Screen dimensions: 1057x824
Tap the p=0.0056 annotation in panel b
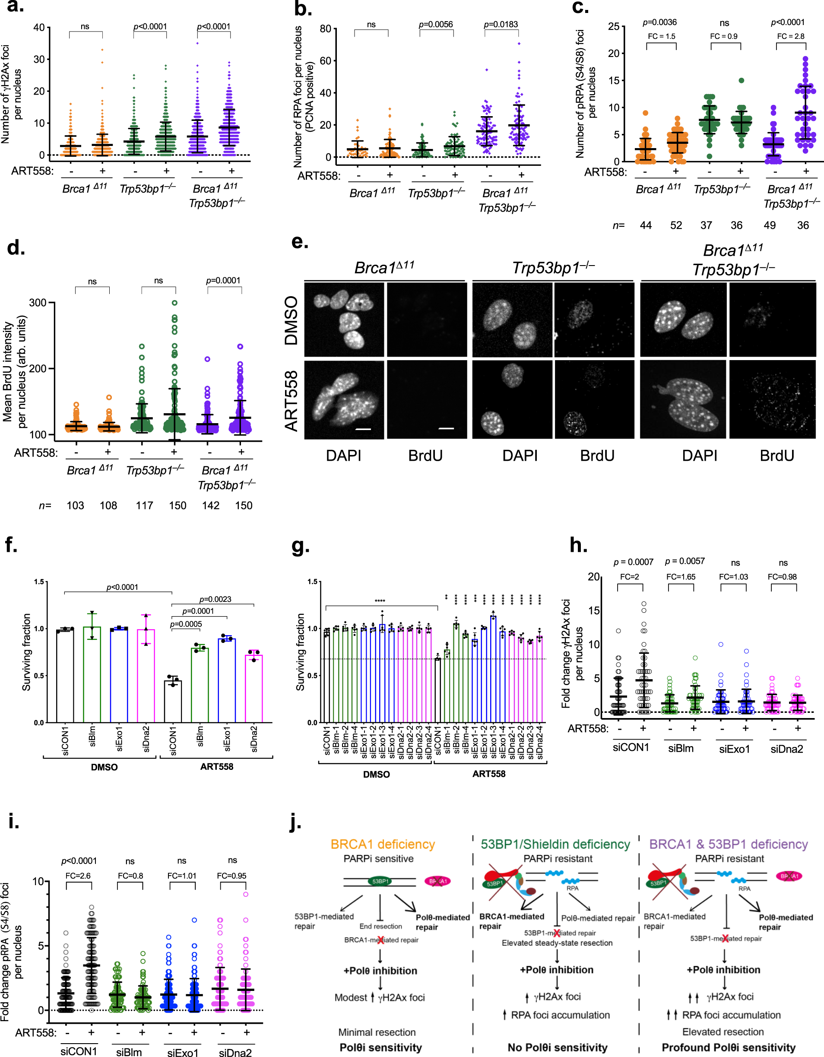pos(436,25)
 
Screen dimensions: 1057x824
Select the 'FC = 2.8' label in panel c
pos(791,36)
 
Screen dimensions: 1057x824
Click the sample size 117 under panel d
pos(144,506)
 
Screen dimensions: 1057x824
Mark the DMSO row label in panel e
pos(292,320)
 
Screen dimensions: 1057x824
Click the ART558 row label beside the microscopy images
pos(292,401)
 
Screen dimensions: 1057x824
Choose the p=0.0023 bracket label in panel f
pos(215,599)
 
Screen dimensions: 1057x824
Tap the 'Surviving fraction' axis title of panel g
pos(300,652)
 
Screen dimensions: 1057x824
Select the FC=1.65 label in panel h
pos(681,577)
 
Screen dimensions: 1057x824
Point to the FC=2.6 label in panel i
pos(78,876)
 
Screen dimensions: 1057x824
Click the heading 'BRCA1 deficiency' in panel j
pos(383,845)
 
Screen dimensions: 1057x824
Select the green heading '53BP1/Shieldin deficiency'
pos(555,845)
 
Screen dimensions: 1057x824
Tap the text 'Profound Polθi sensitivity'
pos(729,1048)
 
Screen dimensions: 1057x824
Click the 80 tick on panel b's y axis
pos(325,29)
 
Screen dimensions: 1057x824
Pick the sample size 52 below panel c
pos(676,225)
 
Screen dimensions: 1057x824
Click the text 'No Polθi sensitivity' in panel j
pos(557,1048)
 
